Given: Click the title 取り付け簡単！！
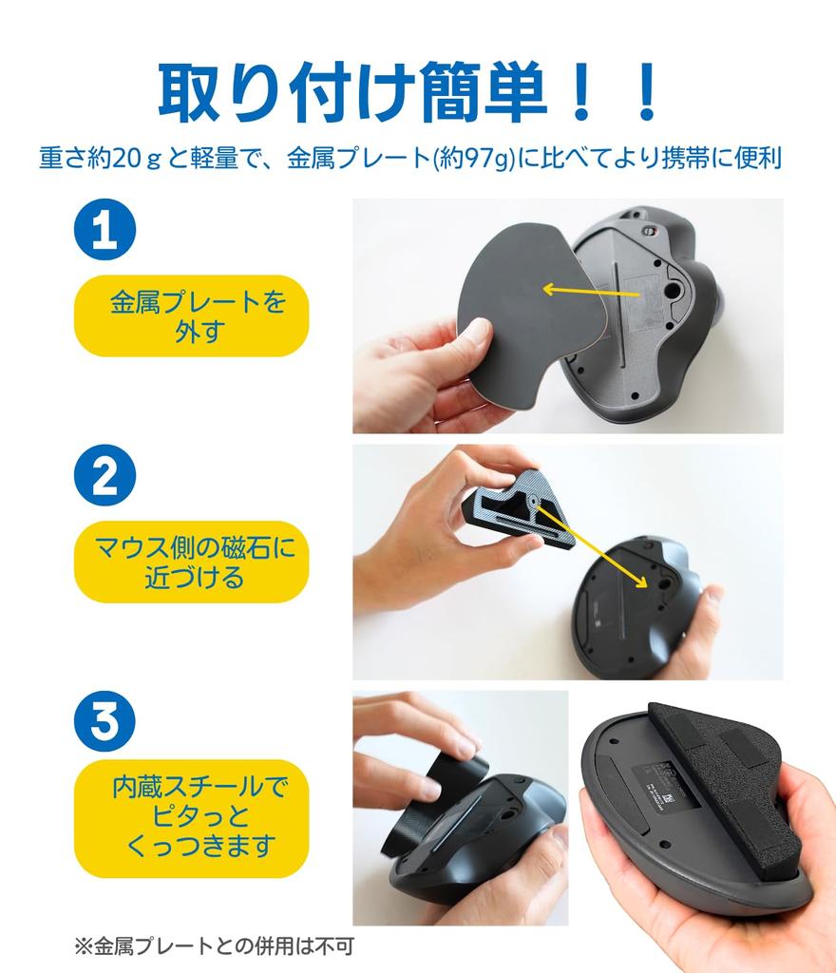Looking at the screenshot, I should [x=408, y=92].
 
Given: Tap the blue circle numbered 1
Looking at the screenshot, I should [x=104, y=229].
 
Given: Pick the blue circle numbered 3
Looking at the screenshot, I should [x=104, y=720].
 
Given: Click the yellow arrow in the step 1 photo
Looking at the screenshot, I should [x=589, y=291].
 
